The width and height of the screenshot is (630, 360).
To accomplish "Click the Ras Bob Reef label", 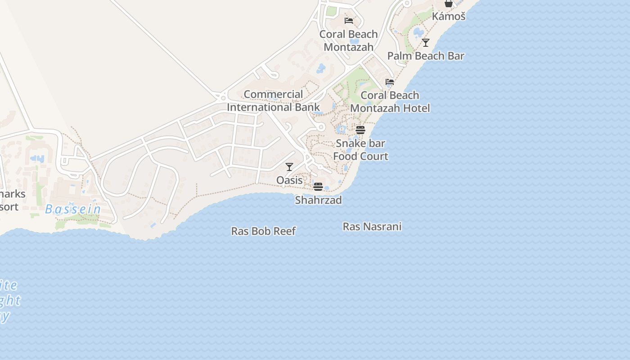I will (x=263, y=231).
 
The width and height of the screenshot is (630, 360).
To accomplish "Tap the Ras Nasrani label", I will (x=372, y=226).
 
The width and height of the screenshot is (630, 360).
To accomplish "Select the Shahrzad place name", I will (x=318, y=200).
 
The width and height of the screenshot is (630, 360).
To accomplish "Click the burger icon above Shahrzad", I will (x=318, y=186).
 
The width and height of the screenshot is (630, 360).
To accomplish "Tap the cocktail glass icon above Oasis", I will (x=289, y=167).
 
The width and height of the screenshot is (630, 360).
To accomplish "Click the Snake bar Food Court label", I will (x=360, y=150).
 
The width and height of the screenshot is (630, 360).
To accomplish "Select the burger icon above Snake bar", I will (x=360, y=130).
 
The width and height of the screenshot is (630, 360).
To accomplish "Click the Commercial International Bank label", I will (x=273, y=101).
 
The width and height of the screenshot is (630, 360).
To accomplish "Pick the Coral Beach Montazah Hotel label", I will (x=390, y=102).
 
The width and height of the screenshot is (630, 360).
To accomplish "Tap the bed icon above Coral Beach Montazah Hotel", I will (x=390, y=82).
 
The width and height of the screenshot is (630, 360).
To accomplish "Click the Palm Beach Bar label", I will (x=426, y=56).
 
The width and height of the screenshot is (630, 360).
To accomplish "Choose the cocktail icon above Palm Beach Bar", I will (x=426, y=43).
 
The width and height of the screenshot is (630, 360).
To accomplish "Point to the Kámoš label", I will (x=448, y=17).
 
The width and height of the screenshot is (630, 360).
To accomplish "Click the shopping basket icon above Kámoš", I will (x=448, y=4).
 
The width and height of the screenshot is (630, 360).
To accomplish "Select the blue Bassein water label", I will (x=73, y=209).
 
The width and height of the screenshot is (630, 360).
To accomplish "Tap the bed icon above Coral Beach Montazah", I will (x=349, y=20).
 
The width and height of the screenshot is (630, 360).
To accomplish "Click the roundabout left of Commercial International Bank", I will (x=221, y=97).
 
